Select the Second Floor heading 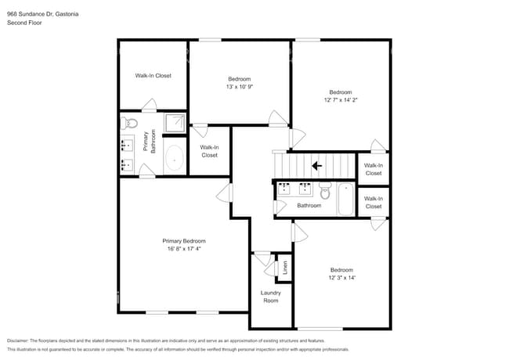[x=24, y=23]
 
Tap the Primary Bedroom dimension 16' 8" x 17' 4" [x=183, y=249]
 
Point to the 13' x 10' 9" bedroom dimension [x=239, y=86]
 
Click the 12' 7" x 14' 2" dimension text [x=340, y=99]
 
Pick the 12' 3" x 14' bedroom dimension [x=341, y=277]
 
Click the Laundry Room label [x=270, y=296]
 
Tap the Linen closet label [x=285, y=267]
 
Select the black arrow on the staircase [x=316, y=165]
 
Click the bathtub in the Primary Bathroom [x=173, y=159]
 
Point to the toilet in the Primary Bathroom [x=130, y=123]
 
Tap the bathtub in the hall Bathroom [x=345, y=200]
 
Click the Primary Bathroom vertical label [x=149, y=142]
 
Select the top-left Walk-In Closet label [x=153, y=76]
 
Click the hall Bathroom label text [x=309, y=206]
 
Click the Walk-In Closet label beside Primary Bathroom [x=209, y=151]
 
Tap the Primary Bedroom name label [x=183, y=240]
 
